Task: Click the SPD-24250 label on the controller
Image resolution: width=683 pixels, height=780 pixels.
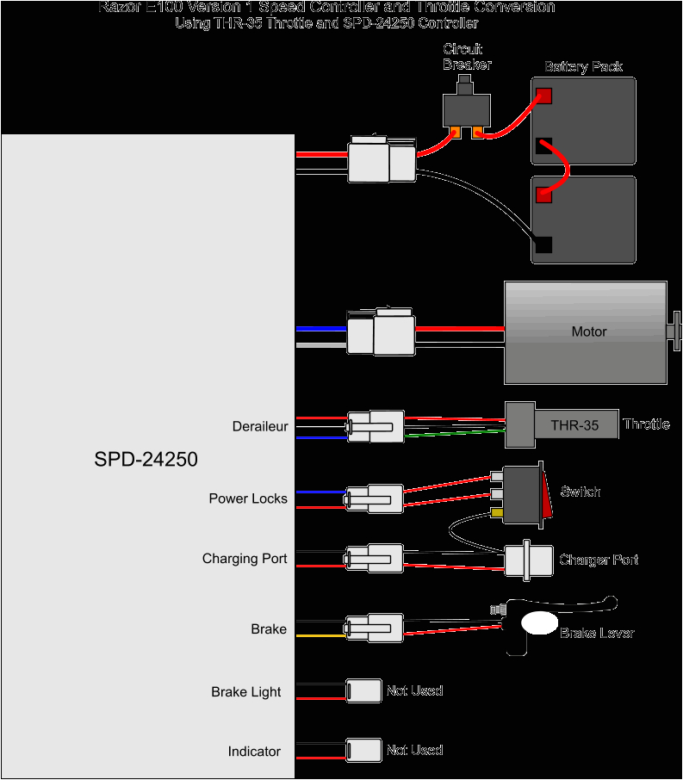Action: tap(146, 460)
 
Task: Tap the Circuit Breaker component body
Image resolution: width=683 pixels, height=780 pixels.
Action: tap(467, 109)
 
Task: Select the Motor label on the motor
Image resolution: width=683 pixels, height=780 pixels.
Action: tap(589, 331)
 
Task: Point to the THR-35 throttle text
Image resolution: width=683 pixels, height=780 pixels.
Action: tap(574, 425)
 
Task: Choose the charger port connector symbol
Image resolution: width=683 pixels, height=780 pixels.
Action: tap(529, 561)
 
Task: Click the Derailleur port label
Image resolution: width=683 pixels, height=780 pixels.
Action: tap(260, 426)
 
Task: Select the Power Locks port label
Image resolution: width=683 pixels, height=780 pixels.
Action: tap(248, 498)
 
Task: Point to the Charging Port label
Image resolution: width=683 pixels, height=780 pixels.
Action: tap(245, 559)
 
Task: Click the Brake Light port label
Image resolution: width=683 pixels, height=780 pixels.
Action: tap(246, 692)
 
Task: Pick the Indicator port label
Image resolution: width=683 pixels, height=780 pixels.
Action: tap(254, 752)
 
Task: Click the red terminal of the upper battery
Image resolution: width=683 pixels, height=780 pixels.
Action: tap(543, 96)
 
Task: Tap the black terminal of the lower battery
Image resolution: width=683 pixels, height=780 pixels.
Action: tap(543, 245)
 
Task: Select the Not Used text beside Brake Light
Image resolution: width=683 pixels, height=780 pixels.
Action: tap(414, 690)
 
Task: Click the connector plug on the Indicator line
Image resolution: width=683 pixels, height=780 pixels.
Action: tap(363, 750)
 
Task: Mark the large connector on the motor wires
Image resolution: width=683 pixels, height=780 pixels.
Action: tap(381, 333)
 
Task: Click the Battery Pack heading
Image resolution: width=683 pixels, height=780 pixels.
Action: tap(583, 66)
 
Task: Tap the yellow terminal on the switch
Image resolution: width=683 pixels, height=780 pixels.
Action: tap(497, 514)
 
